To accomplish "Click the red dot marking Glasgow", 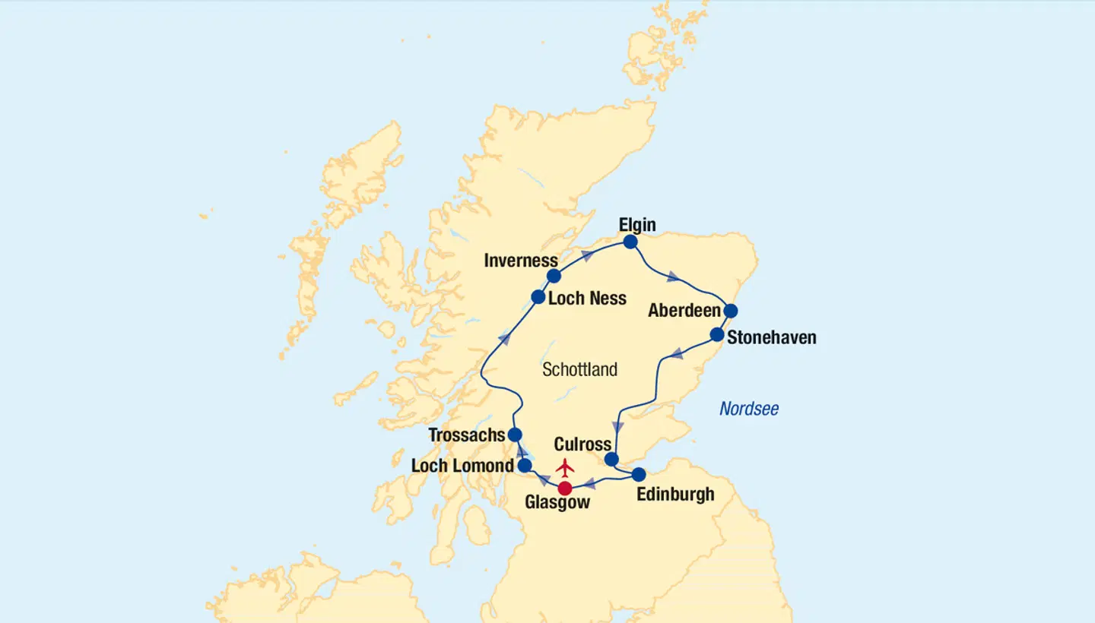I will click(x=565, y=489).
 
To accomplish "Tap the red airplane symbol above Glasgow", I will click(x=565, y=467).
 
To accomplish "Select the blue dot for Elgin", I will click(x=630, y=242).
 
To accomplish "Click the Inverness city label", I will click(x=521, y=261).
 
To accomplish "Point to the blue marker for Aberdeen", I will click(x=730, y=311).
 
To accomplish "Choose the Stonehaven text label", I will click(x=771, y=337).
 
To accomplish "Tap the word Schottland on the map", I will click(x=579, y=370).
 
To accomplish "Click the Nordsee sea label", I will click(x=749, y=410).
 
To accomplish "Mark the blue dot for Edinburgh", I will click(x=639, y=474).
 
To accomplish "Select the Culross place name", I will click(x=582, y=444).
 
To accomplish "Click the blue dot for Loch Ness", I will click(x=538, y=297).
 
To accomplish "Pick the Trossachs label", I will click(x=467, y=435).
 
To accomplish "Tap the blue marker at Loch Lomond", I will click(x=525, y=465).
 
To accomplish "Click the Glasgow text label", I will click(x=557, y=503).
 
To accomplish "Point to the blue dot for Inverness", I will click(x=554, y=276).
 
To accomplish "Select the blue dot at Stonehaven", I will click(x=716, y=334).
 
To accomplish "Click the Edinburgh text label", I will click(x=675, y=495).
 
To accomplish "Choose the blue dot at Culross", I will click(x=611, y=459).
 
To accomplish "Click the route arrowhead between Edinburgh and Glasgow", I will click(x=590, y=483).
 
